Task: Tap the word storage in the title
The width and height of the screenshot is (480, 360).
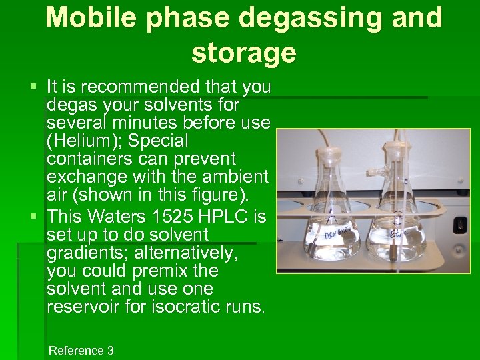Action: pos(243,53)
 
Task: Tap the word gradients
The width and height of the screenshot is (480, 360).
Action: pos(81,253)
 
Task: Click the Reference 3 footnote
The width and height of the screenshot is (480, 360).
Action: pos(81,351)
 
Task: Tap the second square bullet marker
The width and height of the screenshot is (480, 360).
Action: pos(34,217)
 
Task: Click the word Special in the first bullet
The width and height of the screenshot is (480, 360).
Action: pos(159,141)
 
